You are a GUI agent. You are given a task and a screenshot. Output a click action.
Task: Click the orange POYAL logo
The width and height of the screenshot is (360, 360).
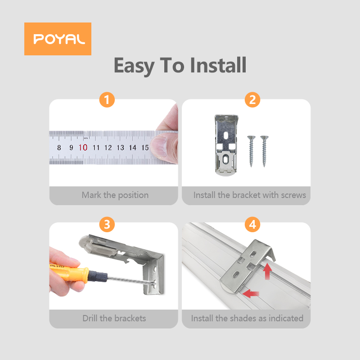(x=58, y=39)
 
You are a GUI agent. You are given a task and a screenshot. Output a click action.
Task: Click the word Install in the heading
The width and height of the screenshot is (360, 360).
(x=218, y=65)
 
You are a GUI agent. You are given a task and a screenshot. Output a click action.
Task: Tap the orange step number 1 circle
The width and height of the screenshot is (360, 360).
(x=107, y=100)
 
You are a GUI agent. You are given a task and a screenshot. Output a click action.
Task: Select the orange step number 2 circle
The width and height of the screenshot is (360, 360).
(x=252, y=100)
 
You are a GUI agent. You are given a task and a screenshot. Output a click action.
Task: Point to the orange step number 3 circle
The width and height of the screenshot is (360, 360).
(x=107, y=224)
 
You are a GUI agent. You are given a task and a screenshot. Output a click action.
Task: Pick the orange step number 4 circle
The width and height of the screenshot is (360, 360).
(x=252, y=224)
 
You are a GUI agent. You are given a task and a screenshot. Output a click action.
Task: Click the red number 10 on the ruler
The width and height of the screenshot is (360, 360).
(x=83, y=148)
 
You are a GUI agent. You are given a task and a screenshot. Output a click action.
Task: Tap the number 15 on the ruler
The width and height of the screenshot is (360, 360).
(x=145, y=148)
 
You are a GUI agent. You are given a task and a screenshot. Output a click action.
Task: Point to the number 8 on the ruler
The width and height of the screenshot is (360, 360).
(x=59, y=148)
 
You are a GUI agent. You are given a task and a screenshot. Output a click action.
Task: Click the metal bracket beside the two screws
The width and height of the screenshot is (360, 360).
(x=226, y=145)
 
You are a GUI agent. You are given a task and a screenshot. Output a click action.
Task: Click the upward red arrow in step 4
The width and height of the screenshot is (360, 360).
(x=267, y=271)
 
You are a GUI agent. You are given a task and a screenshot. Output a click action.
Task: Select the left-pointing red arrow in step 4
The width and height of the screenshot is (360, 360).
(x=251, y=294)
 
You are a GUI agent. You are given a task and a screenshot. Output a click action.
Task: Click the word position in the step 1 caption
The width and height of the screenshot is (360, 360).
(x=133, y=195)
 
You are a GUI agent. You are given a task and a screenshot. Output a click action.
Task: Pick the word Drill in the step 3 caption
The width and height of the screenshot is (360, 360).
(x=90, y=318)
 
